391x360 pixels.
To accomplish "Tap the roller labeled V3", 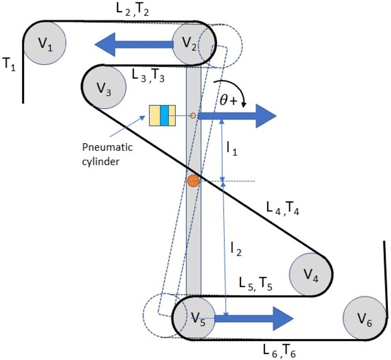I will click(x=105, y=87).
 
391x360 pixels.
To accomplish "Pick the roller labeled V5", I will click(x=195, y=319).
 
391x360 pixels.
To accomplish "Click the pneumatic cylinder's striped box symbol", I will click(x=162, y=116).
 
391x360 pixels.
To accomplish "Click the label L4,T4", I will click(x=283, y=209).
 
